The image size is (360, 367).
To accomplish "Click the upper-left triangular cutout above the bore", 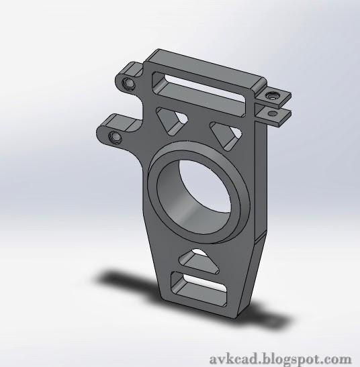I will point(173,120).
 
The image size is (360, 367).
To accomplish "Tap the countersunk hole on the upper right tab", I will point(272,97).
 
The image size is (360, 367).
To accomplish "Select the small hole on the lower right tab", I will point(274,115).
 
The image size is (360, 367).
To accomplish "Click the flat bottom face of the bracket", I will point(201,309).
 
